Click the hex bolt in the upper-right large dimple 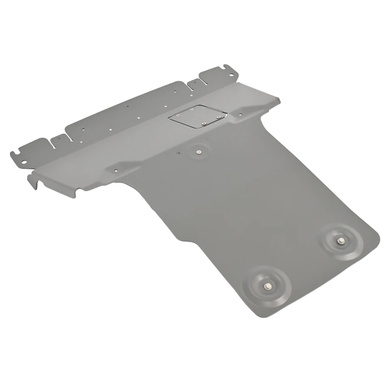pos(339,241)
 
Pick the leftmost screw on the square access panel pos(177,115)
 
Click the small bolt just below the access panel pos(199,152)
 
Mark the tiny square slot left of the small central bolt pos(178,153)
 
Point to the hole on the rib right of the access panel pos(240,115)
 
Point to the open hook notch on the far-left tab pos(15,154)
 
